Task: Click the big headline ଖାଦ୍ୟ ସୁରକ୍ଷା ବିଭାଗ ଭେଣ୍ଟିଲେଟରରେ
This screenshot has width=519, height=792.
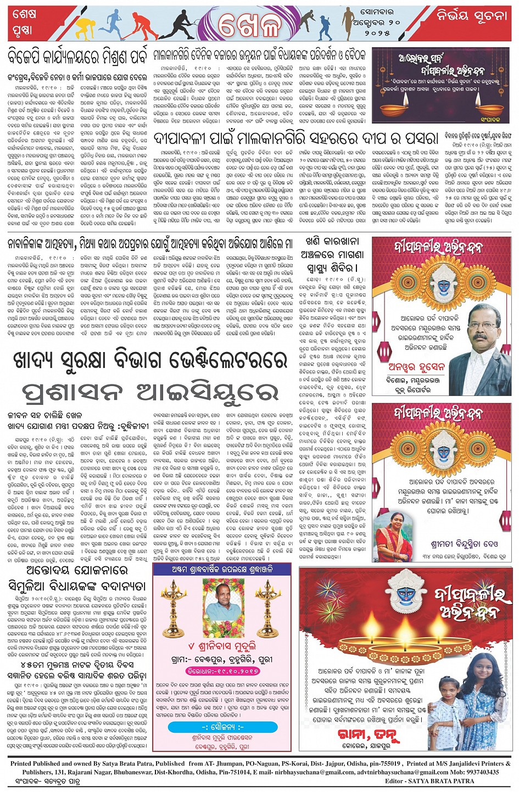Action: click(149, 361)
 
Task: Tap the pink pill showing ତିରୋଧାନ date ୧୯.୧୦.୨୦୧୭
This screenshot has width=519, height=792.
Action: click(222, 671)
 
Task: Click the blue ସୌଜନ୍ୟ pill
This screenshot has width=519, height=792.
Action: click(222, 727)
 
